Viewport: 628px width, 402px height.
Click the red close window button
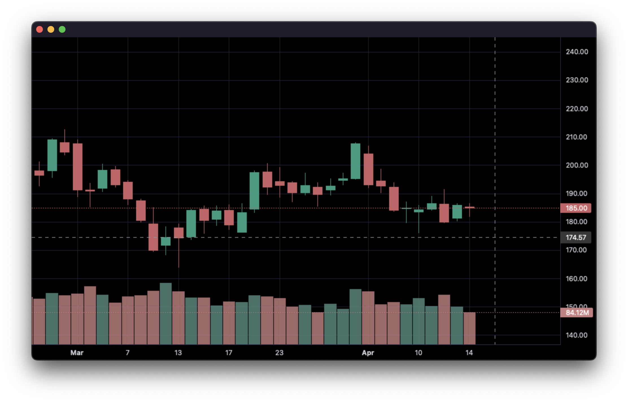click(40, 29)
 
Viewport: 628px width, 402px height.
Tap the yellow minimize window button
click(51, 29)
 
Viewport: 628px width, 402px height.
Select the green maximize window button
click(62, 29)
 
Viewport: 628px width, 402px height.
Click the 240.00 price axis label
click(577, 52)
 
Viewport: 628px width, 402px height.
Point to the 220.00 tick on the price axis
click(577, 109)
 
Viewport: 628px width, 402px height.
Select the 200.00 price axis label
click(577, 165)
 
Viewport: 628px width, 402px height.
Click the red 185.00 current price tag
click(576, 208)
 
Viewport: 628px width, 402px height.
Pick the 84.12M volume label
click(577, 313)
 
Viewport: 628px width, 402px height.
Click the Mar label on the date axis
click(77, 353)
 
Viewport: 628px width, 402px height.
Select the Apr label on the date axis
click(368, 353)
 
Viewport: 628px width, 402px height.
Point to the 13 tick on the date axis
click(178, 353)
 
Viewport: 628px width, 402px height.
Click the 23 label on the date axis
click(279, 353)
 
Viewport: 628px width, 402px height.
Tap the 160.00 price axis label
click(577, 279)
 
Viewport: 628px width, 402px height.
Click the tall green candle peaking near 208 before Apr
click(356, 161)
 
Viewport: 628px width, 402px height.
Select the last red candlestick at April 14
click(470, 207)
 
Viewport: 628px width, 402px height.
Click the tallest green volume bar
click(166, 313)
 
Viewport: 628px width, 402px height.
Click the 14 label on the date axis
click(469, 353)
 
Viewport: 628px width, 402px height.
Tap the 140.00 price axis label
click(577, 335)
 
